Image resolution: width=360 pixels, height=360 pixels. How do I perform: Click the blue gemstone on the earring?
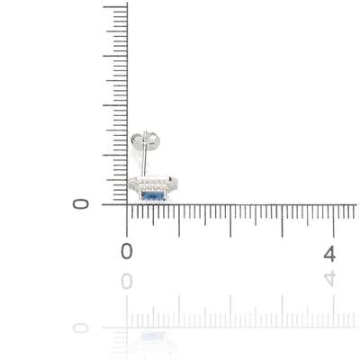[x=153, y=196]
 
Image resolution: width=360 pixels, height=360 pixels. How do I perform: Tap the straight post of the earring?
[x=144, y=154]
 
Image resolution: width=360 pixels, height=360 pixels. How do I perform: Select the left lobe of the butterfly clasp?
[x=137, y=139]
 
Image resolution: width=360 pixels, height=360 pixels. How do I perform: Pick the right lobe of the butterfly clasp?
[x=153, y=140]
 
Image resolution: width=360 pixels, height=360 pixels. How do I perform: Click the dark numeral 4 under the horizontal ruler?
[x=329, y=254]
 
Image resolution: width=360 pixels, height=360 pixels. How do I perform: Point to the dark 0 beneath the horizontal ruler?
[x=127, y=251]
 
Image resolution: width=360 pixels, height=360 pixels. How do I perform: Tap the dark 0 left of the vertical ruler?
[x=81, y=204]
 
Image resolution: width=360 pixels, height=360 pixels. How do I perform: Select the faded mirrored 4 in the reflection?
[x=329, y=278]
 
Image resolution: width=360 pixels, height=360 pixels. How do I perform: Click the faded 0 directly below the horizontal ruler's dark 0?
[x=127, y=282]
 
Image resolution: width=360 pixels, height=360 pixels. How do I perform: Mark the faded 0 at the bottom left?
[x=81, y=328]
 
